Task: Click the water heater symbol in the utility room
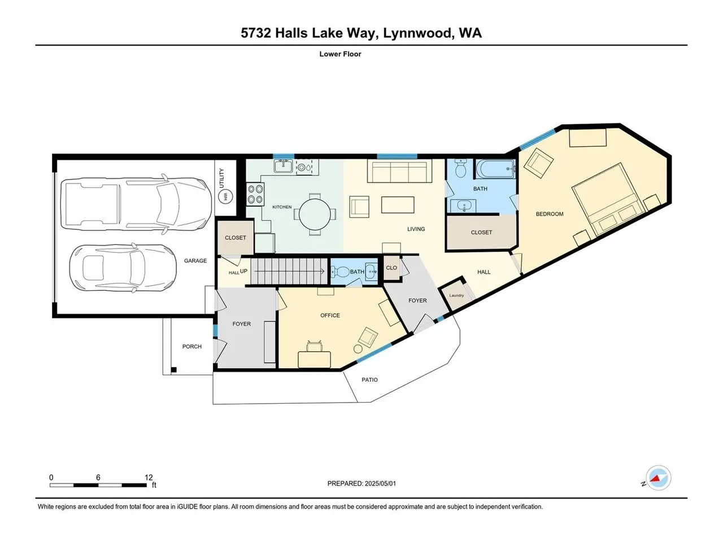point(225,196)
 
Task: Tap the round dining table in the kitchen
point(315,215)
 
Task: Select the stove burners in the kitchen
point(256,194)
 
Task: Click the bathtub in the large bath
point(495,169)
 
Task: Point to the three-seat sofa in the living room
point(399,171)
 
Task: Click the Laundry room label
point(456,295)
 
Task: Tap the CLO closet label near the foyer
point(391,268)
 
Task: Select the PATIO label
point(369,379)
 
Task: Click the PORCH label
point(191,346)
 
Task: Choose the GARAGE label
point(195,261)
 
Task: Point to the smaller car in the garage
point(123,268)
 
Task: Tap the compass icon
point(658,478)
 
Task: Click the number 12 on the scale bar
point(149,477)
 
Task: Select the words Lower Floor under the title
point(340,54)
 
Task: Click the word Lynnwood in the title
point(417,33)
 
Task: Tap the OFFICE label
point(330,315)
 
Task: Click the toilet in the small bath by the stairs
point(340,272)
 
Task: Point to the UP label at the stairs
point(244,271)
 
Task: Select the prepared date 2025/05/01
point(380,483)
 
